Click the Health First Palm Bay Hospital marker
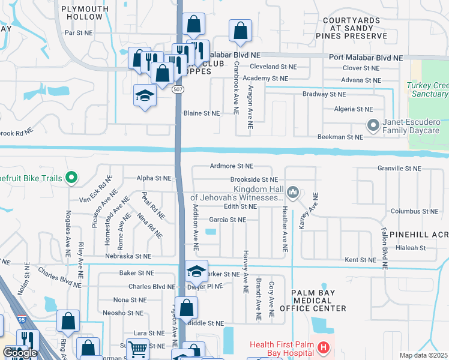click(x=323, y=347)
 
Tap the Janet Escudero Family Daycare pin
click(x=373, y=125)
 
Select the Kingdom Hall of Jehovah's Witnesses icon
click(x=292, y=192)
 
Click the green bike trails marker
click(x=71, y=177)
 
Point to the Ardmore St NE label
click(x=232, y=166)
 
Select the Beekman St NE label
click(x=340, y=137)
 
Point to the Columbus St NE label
click(x=414, y=211)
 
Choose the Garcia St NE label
click(x=227, y=220)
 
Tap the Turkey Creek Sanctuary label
click(x=427, y=89)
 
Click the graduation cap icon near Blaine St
click(x=145, y=95)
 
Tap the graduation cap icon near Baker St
click(x=196, y=271)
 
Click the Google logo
click(x=20, y=353)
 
